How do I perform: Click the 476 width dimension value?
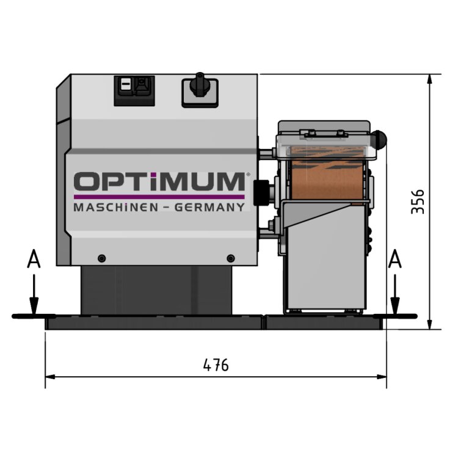point(216,365)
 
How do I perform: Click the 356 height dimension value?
point(418,201)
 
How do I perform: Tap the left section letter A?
point(34,261)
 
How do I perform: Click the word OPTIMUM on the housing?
point(159,182)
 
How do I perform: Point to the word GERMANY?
point(210,208)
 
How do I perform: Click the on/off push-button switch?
point(134,90)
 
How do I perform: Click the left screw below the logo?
point(101,258)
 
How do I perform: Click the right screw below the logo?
point(230,258)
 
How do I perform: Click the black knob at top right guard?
point(380,140)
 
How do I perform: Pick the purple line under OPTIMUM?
point(159,197)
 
